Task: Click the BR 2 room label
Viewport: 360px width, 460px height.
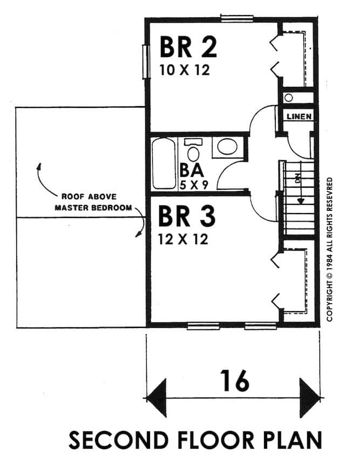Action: coord(188,47)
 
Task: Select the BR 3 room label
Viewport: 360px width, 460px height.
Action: coord(186,217)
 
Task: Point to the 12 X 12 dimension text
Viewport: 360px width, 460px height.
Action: coord(183,239)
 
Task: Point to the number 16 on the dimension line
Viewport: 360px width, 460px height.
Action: coord(235,381)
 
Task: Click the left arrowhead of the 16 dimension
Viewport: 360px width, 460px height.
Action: coord(157,399)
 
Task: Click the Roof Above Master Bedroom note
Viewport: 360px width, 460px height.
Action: coord(89,201)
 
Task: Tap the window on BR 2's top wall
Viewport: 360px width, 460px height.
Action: coord(236,17)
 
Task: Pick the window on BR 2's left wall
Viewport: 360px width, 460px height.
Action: coord(145,61)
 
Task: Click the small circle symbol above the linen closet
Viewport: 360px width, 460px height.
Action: coord(289,98)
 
